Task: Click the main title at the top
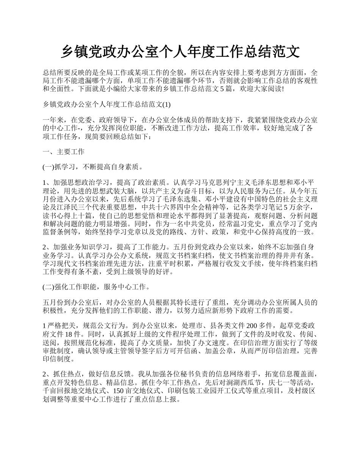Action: [180, 52]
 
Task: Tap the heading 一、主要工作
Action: [63, 152]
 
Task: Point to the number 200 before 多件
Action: [252, 326]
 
